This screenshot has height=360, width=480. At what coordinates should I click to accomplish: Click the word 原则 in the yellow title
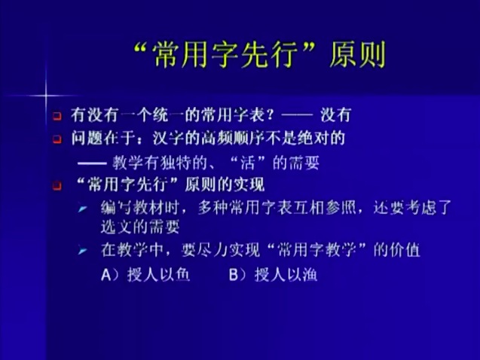[x=357, y=55]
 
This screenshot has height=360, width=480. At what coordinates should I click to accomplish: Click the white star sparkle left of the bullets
[x=46, y=96]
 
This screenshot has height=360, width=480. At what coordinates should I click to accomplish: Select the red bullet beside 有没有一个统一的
[x=57, y=116]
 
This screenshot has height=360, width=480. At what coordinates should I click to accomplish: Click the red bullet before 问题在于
[x=57, y=139]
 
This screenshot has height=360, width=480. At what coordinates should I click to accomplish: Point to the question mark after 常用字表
[x=270, y=115]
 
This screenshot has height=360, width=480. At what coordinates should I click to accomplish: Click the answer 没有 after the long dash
[x=335, y=115]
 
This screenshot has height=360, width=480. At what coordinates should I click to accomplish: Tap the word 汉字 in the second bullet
[x=168, y=139]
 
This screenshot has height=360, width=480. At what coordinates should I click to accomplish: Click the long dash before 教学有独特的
[x=92, y=163]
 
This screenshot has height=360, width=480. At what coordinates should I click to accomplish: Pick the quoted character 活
[x=248, y=163]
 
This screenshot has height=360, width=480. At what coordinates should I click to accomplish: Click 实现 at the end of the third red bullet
[x=249, y=185]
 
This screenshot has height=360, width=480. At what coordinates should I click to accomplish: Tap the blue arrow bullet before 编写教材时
[x=82, y=209]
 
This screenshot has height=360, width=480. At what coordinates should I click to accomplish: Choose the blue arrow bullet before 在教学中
[x=82, y=251]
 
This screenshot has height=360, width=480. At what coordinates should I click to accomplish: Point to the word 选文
[x=116, y=227]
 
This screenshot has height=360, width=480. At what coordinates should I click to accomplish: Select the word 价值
[x=405, y=250]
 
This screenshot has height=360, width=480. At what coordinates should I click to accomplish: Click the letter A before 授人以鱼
[x=106, y=275]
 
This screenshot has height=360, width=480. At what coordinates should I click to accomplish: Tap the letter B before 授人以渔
[x=234, y=275]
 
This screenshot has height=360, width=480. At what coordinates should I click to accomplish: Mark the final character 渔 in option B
[x=309, y=274]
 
